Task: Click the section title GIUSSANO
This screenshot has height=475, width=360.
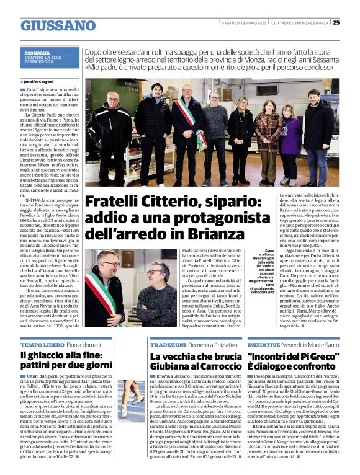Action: tap(58, 25)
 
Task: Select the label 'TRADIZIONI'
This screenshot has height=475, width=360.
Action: tap(168, 344)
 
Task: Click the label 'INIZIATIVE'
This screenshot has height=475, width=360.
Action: tap(264, 344)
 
